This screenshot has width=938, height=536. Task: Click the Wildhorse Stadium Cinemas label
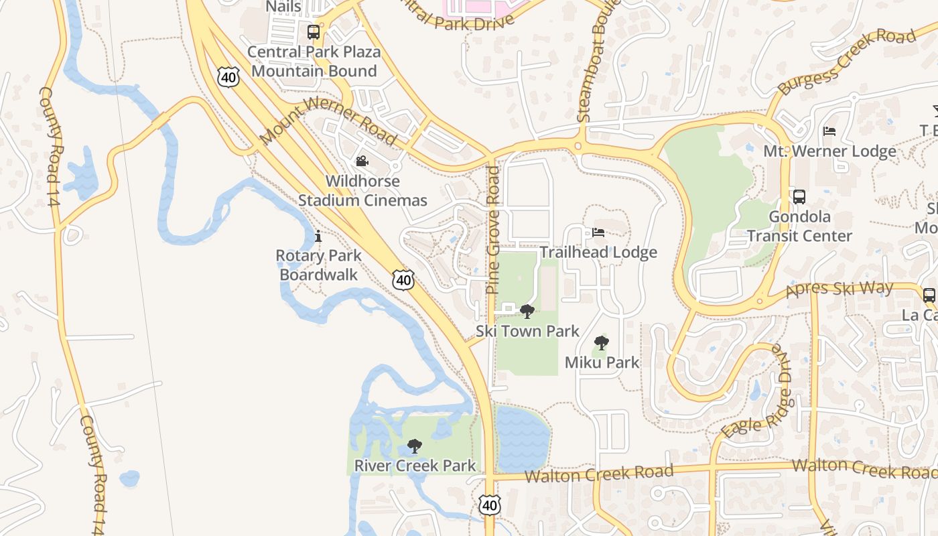362,191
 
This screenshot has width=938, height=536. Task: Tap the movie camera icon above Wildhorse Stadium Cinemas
362,161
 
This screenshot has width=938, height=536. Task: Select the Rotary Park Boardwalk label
319,265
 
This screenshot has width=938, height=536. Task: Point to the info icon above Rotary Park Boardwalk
318,236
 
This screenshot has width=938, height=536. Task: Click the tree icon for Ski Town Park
527,311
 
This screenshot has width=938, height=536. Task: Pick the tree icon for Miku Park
602,343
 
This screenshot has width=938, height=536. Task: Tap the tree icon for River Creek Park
415,446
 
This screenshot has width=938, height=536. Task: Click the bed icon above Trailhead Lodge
598,232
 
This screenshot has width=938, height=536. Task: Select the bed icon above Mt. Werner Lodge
829,131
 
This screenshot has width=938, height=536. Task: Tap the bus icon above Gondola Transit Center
799,197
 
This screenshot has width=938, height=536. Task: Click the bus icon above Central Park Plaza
313,31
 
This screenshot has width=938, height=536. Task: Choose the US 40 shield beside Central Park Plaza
228,78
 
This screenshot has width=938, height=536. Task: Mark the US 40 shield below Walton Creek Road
490,505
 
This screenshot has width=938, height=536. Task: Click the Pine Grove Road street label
493,230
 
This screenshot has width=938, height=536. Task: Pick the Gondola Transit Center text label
799,226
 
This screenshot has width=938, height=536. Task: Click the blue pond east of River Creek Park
522,438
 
